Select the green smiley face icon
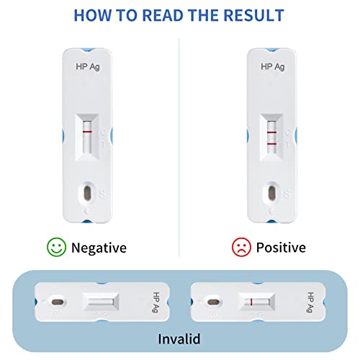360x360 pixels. (x=55, y=248)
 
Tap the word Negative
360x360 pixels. (x=99, y=248)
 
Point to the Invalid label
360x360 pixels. (x=179, y=338)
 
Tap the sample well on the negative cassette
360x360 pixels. (x=86, y=192)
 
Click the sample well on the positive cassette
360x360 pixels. (x=271, y=192)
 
